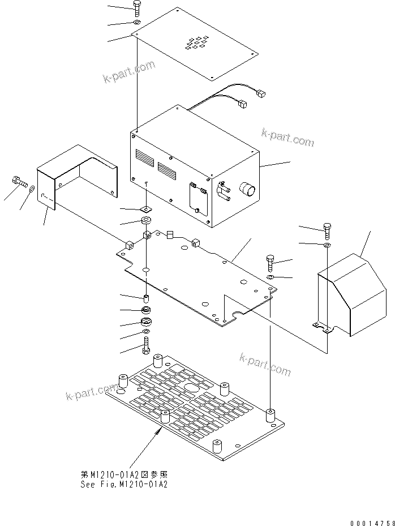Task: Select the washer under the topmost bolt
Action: coord(138,22)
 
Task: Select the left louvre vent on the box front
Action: coord(143,158)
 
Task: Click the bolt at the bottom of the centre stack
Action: coord(146,344)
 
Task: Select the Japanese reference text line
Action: coord(124,474)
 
